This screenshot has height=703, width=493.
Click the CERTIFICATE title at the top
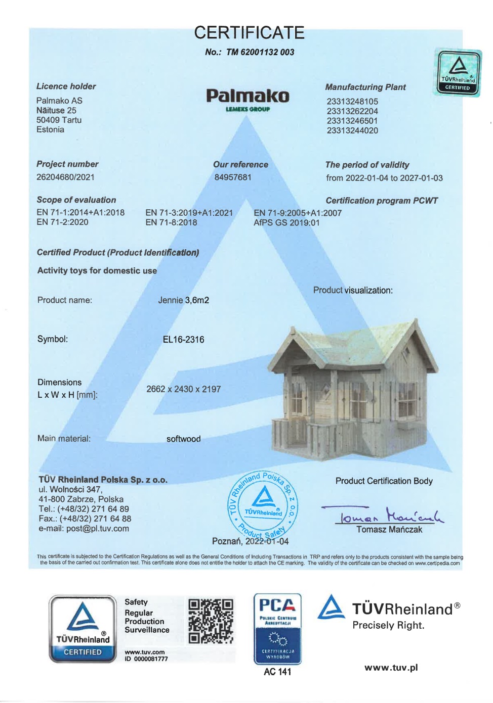point(249,33)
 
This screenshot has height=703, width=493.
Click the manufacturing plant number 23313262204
point(352,111)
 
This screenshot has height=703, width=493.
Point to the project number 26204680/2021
point(65,177)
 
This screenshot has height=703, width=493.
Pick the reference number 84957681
point(233,177)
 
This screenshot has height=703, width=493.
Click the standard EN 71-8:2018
point(171,222)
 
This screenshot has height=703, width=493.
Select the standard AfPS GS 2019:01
point(286,222)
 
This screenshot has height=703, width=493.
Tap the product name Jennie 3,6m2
point(183,300)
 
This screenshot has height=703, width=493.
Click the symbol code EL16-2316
point(183,340)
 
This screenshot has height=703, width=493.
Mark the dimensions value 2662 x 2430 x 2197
point(183,389)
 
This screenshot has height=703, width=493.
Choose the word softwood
point(183,439)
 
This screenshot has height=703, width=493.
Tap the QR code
point(211,621)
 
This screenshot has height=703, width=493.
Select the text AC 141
point(277,672)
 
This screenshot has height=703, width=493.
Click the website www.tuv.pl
point(391,668)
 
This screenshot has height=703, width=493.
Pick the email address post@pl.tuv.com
point(98,529)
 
